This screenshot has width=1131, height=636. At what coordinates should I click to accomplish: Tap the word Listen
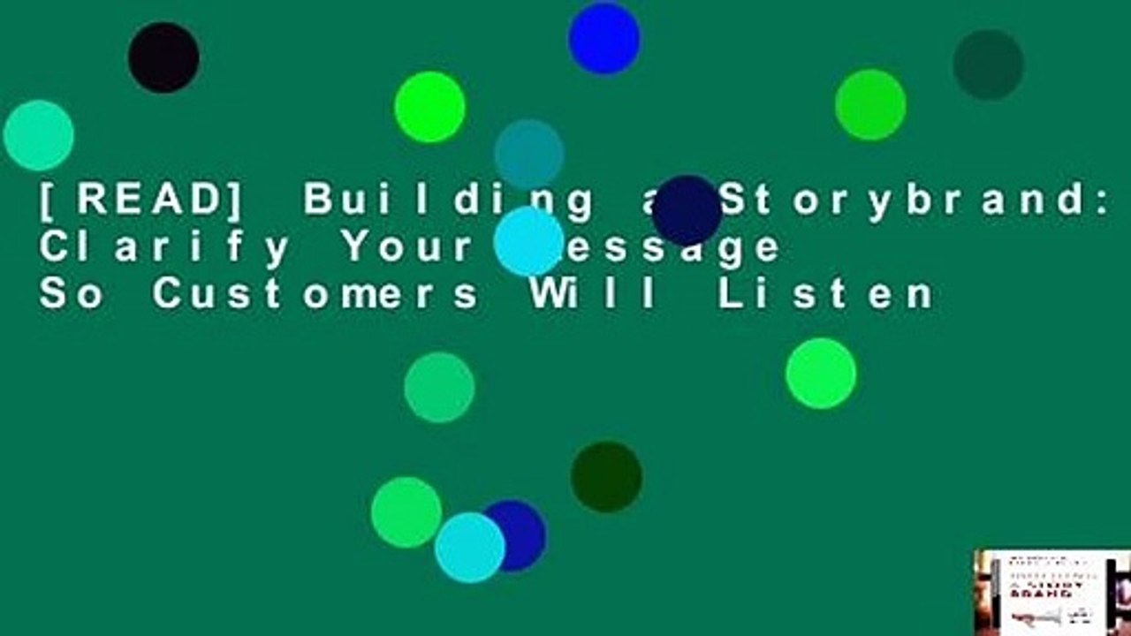pyautogui.click(x=825, y=294)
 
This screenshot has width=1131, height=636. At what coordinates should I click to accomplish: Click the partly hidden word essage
pyautogui.click(x=672, y=248)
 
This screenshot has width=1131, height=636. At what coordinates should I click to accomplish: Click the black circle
pyautogui.click(x=163, y=57)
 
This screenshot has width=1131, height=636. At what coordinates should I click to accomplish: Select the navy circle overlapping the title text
pyautogui.click(x=687, y=210)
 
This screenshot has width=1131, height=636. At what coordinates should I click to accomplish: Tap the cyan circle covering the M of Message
pyautogui.click(x=529, y=241)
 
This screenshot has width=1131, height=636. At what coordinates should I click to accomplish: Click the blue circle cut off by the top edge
pyautogui.click(x=604, y=37)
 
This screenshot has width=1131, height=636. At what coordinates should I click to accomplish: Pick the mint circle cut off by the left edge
pyautogui.click(x=38, y=135)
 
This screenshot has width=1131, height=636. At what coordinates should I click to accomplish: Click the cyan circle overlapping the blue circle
pyautogui.click(x=469, y=548)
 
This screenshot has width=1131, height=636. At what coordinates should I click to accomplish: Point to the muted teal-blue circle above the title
pyautogui.click(x=529, y=153)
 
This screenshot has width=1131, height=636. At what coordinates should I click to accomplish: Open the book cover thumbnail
pyautogui.click(x=1051, y=592)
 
